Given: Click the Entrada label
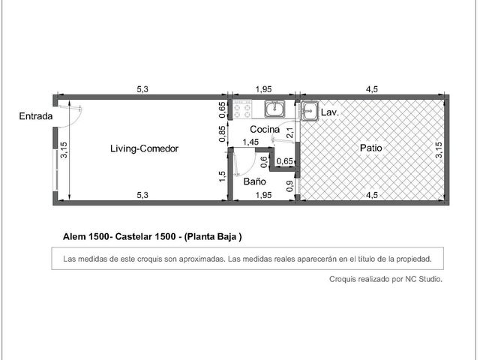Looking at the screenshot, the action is (36, 116).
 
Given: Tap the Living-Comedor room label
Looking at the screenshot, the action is (144, 148).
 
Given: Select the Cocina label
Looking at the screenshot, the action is (265, 130).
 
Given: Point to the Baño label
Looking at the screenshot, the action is (255, 181).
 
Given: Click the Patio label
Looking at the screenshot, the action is (371, 148).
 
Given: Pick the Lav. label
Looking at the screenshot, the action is (330, 112).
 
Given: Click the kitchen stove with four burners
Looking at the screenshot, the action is (242, 109).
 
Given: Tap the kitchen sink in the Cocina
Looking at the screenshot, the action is (275, 109).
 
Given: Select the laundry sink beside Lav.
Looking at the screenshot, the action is (310, 110).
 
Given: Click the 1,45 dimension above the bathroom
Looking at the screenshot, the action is (250, 142).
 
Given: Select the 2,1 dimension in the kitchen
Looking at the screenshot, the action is (290, 133).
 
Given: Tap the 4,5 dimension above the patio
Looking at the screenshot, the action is (372, 89).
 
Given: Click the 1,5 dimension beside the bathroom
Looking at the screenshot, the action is (223, 176).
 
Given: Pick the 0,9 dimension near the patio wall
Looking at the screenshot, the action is (289, 186).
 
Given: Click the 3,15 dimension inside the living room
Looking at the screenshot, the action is (64, 150).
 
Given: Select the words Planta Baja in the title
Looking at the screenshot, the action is (213, 237).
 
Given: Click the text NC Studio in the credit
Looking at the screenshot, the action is (424, 279).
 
